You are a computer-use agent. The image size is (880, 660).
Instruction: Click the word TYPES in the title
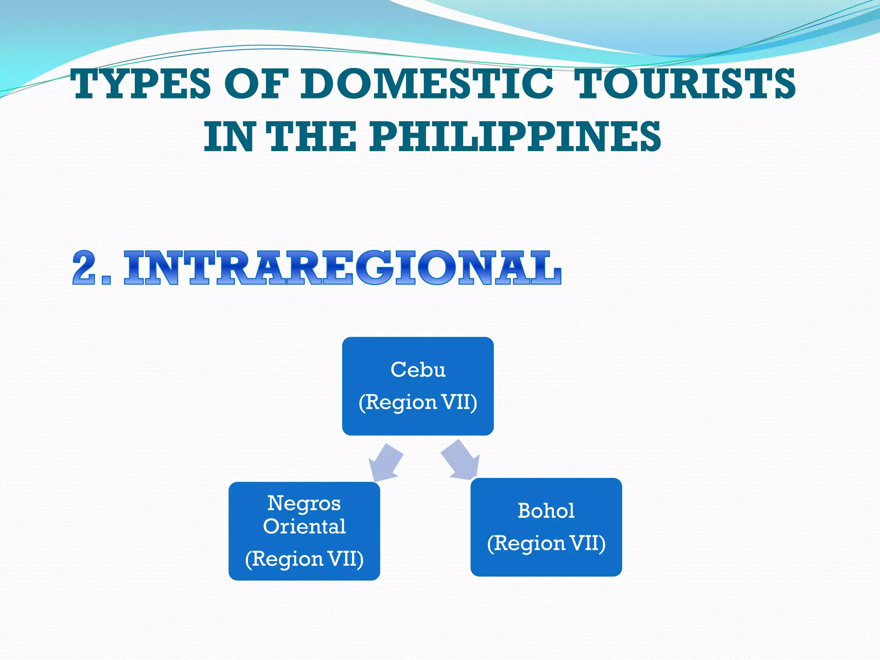point(141,84)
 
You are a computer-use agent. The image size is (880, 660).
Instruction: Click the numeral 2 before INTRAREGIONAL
point(88,268)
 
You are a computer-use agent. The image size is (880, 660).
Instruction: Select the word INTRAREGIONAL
point(342,268)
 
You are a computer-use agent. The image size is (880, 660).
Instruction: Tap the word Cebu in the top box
point(418,370)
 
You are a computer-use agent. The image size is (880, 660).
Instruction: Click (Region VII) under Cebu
point(418,403)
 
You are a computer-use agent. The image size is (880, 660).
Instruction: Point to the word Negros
point(304,503)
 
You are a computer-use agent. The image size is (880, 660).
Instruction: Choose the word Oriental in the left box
point(304,526)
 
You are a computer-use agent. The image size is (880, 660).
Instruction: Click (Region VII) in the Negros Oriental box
point(304,559)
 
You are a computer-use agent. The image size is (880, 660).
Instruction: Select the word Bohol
point(546,511)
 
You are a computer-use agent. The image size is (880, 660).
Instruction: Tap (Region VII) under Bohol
point(546,544)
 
